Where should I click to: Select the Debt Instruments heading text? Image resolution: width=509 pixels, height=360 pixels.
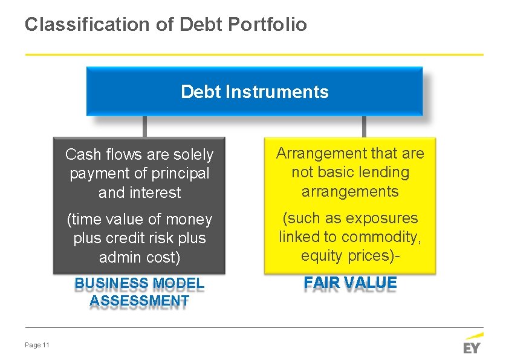254,92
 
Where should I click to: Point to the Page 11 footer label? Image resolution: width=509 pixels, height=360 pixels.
37,345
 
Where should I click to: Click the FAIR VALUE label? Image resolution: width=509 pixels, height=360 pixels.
350,283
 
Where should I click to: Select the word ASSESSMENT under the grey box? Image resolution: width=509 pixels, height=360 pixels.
139,301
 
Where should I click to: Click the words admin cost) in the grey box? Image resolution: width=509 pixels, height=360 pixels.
140,258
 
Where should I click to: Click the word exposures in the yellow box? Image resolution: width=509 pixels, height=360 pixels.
382,218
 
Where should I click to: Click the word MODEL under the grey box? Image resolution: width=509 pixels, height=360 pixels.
179,284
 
